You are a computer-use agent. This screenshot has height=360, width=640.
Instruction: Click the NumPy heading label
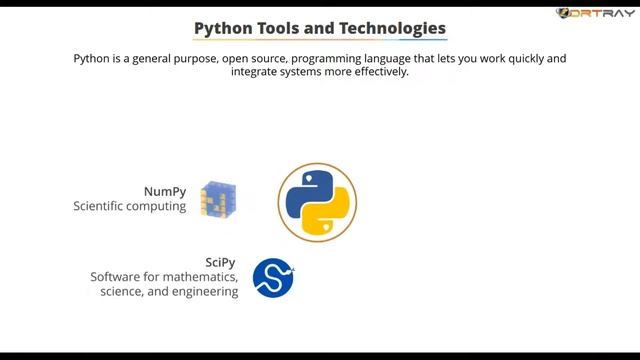pyautogui.click(x=166, y=190)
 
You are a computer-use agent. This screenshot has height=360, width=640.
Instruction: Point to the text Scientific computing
pyautogui.click(x=130, y=207)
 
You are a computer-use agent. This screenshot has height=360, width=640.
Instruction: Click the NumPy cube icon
pyautogui.click(x=217, y=199)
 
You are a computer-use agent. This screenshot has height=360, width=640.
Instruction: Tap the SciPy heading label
pyautogui.click(x=220, y=262)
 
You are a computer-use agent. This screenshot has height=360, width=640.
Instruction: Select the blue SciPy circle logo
pyautogui.click(x=273, y=278)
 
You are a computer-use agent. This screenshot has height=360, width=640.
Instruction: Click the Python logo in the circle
pyautogui.click(x=317, y=202)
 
